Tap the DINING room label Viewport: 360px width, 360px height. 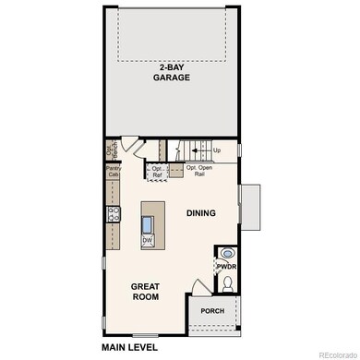click(199, 213)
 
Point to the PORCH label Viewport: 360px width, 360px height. click(212, 311)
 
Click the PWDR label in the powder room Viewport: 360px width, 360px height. click(227, 267)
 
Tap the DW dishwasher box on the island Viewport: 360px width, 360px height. click(148, 240)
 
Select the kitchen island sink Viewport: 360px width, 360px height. click(148, 223)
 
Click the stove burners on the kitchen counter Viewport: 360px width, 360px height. click(114, 214)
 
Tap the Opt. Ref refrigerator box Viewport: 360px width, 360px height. click(157, 171)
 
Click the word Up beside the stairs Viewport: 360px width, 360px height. click(217, 150)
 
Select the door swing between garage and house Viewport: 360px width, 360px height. click(132, 145)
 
